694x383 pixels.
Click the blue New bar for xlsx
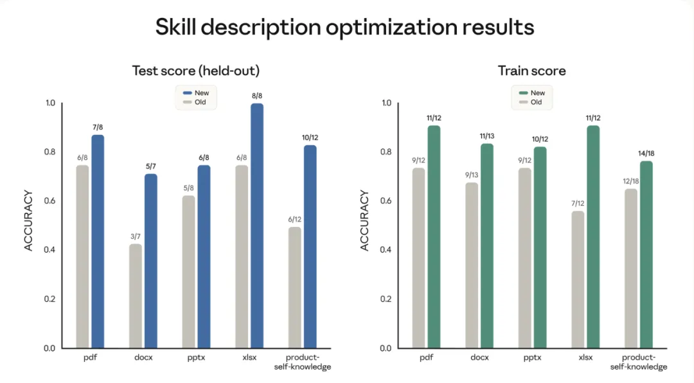[257, 225]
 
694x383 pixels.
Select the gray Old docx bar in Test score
[136, 296]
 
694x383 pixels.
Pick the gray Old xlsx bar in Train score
[578, 280]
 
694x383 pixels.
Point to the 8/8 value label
[256, 96]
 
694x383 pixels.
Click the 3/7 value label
[135, 236]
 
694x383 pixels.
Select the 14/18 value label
[646, 154]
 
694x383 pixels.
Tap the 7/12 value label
[578, 204]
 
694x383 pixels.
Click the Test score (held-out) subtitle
[196, 71]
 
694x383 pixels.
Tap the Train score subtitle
[531, 71]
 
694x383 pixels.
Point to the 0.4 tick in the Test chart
[49, 250]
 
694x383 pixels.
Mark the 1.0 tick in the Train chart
[386, 103]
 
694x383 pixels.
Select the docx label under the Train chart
[479, 357]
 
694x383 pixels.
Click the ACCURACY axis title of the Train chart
[365, 220]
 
